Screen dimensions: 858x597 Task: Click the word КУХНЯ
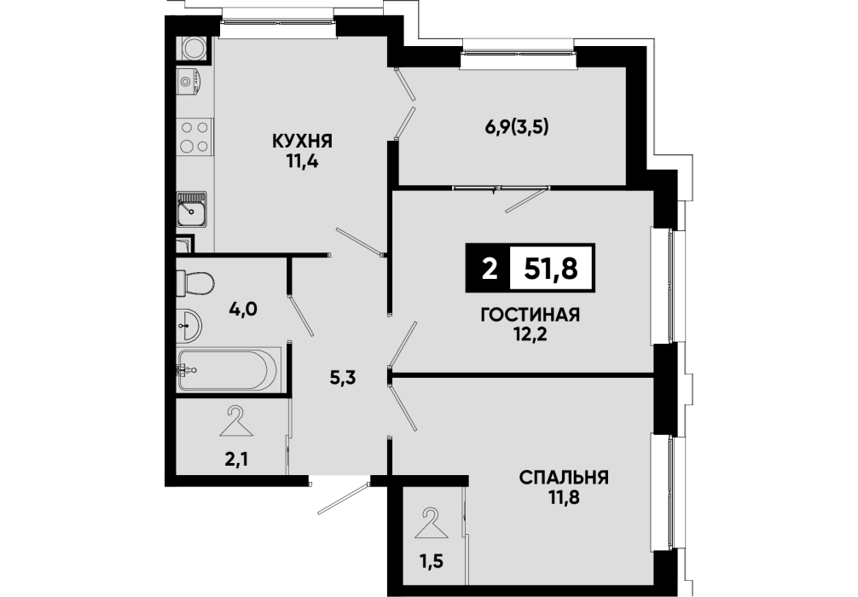(302, 142)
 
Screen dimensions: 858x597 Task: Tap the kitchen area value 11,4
(302, 163)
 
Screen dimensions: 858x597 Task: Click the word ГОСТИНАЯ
(530, 315)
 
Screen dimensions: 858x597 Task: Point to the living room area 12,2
(530, 334)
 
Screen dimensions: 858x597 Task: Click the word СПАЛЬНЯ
(564, 478)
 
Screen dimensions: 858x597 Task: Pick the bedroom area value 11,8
(564, 499)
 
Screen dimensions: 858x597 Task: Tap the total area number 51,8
(551, 268)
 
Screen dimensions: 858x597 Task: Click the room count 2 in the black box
(490, 268)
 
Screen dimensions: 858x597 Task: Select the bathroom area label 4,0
(243, 310)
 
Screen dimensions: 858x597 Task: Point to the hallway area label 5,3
(343, 378)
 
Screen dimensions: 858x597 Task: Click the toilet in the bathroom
(194, 283)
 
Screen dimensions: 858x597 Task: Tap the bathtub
(229, 370)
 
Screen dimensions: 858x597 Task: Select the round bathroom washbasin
(189, 325)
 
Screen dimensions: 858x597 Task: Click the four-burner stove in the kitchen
(194, 136)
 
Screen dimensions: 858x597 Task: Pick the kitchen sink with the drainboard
(192, 209)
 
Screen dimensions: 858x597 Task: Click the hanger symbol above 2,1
(236, 421)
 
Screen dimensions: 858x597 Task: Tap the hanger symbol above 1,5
(432, 523)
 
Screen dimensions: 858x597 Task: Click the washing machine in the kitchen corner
(194, 48)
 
